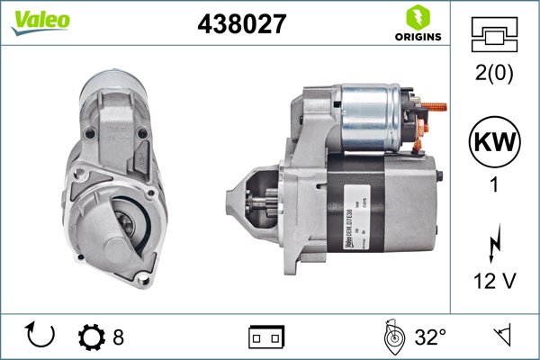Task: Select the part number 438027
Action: [241, 24]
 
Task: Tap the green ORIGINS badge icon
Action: [416, 16]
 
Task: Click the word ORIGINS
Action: [417, 37]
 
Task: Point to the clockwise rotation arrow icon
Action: [40, 337]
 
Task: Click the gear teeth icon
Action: [92, 337]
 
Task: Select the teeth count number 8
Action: [118, 337]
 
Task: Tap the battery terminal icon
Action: [266, 337]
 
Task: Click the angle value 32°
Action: [431, 337]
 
